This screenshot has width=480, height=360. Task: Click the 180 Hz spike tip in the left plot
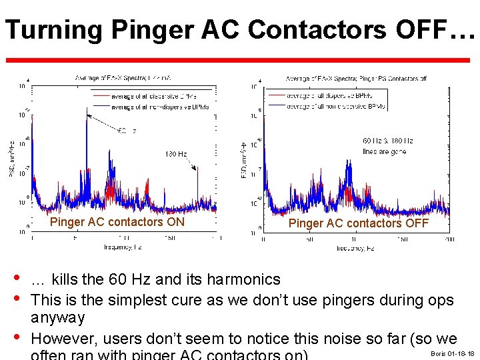tap(197, 167)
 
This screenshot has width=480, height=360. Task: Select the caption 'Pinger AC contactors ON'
tap(117, 221)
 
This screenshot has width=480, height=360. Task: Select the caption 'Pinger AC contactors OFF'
tap(359, 223)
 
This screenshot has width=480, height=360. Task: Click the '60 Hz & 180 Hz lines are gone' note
tap(388, 146)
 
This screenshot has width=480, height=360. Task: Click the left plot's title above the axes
tap(125, 79)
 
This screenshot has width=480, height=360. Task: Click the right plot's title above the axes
tap(356, 79)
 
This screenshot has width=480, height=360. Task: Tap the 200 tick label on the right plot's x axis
tap(449, 239)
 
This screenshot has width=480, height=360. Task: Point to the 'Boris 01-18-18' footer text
tap(453, 353)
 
